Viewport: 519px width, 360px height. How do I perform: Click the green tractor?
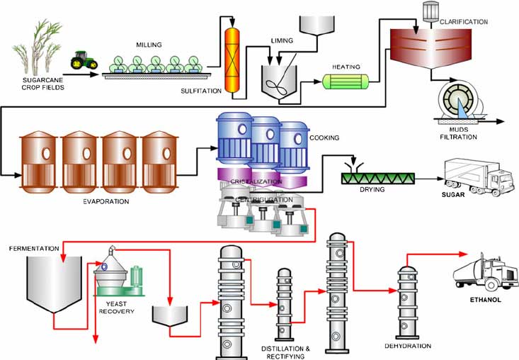pos(84,61)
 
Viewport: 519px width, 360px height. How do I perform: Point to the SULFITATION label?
pos(200,90)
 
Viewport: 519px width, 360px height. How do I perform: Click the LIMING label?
pos(282,42)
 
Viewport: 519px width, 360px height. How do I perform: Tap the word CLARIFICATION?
pos(464,22)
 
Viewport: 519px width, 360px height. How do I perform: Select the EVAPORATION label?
pos(105,201)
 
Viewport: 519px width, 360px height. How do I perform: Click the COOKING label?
pos(324,138)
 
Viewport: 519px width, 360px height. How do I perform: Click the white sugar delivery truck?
pos(479,178)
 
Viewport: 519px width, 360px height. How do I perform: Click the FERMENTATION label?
pos(33,249)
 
